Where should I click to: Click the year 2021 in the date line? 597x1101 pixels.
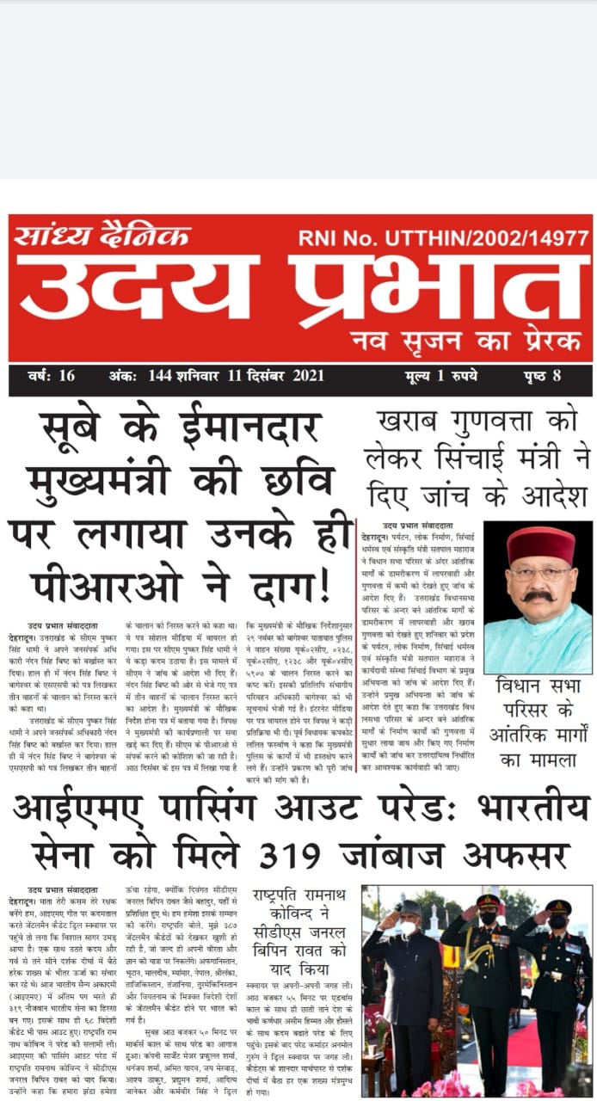click(307, 377)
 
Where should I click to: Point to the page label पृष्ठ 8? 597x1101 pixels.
click(542, 377)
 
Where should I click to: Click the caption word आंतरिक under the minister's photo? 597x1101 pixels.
click(526, 737)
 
